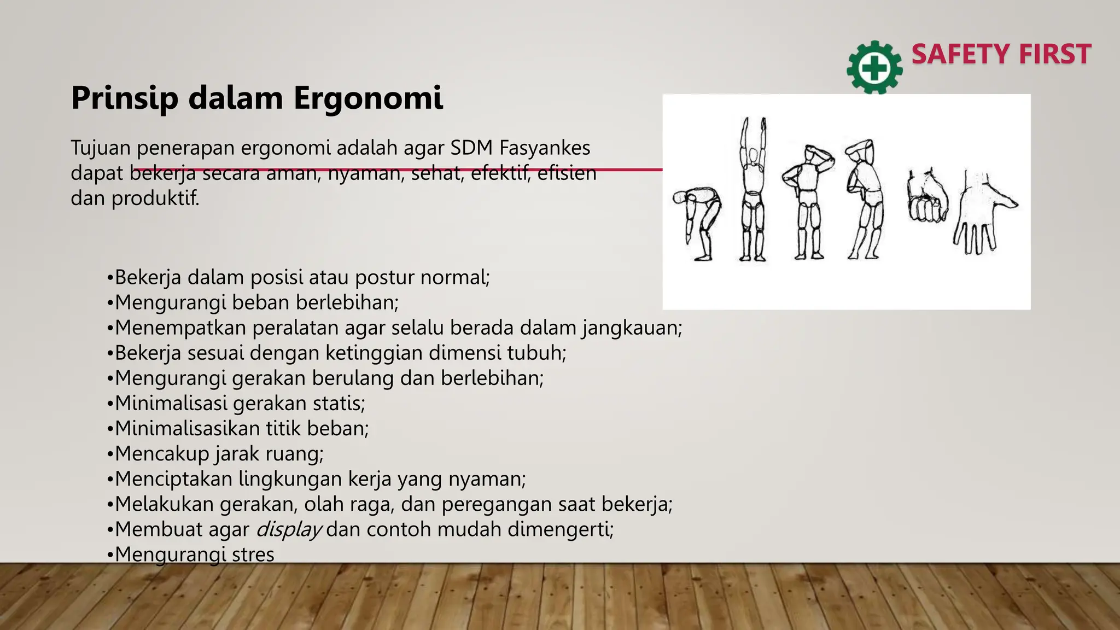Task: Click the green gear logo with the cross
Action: [x=874, y=68]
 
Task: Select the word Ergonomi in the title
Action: [x=368, y=98]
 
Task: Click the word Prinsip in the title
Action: [x=124, y=98]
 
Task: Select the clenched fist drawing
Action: [x=927, y=198]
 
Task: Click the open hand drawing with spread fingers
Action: [x=983, y=213]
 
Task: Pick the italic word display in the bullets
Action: [x=288, y=529]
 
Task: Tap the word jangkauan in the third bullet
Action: [x=631, y=328]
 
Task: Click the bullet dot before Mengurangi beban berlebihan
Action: [x=110, y=303]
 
